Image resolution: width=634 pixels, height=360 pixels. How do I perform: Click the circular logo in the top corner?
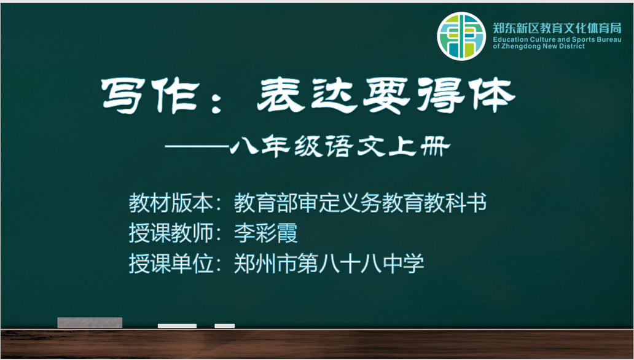[x=461, y=36]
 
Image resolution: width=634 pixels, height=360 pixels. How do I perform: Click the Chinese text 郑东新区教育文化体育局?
[x=557, y=28]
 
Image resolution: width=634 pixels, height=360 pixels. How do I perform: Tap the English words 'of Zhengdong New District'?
[x=539, y=47]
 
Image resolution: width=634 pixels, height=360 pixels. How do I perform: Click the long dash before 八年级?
[x=197, y=147]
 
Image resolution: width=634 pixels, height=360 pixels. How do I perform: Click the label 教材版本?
[x=171, y=203]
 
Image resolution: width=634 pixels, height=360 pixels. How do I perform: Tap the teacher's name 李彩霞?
[x=265, y=233]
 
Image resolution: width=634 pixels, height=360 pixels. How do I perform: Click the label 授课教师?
[x=171, y=233]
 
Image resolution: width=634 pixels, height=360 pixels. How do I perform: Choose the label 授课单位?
[x=171, y=264]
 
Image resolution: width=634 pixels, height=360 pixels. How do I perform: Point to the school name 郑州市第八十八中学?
[x=329, y=264]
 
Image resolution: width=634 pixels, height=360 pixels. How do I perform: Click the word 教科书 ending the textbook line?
[x=455, y=203]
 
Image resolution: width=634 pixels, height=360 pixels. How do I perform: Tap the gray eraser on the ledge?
[x=90, y=323]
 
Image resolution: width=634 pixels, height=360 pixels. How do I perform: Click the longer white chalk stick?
[x=177, y=326]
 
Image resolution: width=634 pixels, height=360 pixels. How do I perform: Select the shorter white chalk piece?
[x=224, y=326]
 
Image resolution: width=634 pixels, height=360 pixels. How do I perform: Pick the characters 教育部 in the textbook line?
[x=265, y=203]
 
